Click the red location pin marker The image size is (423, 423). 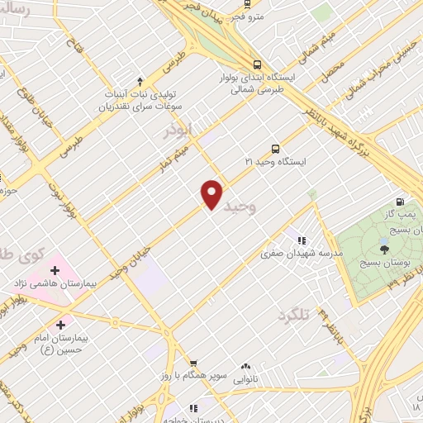pos(212,193)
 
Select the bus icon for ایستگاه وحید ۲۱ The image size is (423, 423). pos(275,149)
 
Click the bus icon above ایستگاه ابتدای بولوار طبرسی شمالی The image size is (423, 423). pos(258,64)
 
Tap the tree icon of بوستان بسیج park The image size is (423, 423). pos(384,247)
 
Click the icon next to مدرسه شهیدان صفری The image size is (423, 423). pos(289,240)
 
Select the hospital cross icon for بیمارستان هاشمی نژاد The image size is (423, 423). pos(55,270)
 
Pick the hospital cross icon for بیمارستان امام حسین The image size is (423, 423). pos(59,325)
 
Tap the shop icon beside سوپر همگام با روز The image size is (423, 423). pos(192,363)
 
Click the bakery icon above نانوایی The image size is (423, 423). pos(245,366)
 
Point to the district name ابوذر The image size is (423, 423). pos(177,131)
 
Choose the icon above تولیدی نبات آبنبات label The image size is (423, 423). pos(140,81)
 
